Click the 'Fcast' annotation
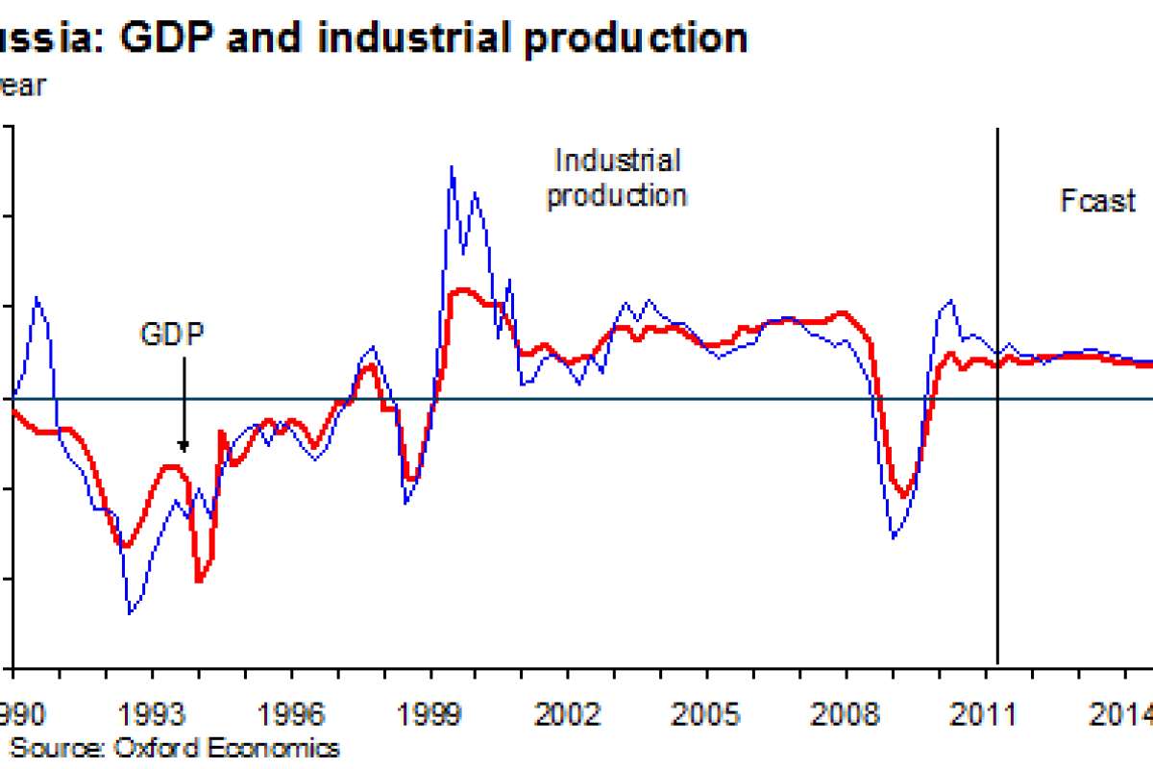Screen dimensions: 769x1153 coord(1098,201)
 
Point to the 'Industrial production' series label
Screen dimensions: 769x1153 coord(617,178)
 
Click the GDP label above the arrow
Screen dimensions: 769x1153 coord(173,334)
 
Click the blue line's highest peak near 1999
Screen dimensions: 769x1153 coord(452,167)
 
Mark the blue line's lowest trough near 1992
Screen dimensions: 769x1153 coord(130,612)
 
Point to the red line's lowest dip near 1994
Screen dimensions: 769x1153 coord(199,581)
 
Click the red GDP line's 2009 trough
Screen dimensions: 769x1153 coord(903,496)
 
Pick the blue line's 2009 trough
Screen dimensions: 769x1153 coord(893,536)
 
